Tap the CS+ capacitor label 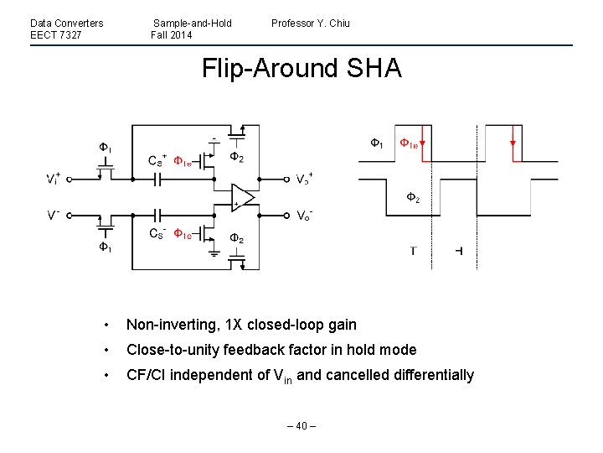pyautogui.click(x=158, y=159)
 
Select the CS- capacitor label pyautogui.click(x=158, y=233)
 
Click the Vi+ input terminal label pyautogui.click(x=53, y=179)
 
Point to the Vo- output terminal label pyautogui.click(x=306, y=215)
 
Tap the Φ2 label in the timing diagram pyautogui.click(x=412, y=197)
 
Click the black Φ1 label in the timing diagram pyautogui.click(x=378, y=143)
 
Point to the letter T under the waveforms pyautogui.click(x=414, y=251)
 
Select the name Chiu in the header pyautogui.click(x=338, y=23)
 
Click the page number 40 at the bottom pyautogui.click(x=301, y=424)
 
